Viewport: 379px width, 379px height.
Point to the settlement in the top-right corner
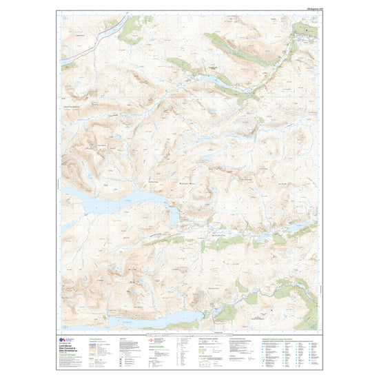[x=303, y=31]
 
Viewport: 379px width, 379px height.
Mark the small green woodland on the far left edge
[x=65, y=66]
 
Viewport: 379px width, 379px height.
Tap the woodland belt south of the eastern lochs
[x=227, y=243]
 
